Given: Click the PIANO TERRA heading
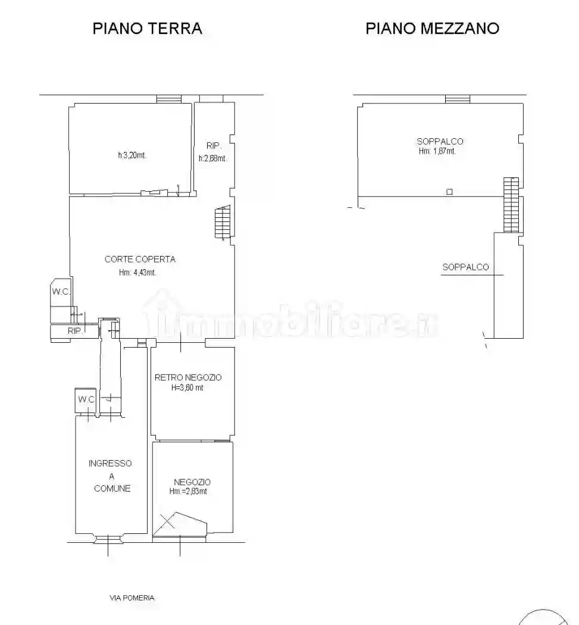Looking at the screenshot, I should pyautogui.click(x=147, y=28).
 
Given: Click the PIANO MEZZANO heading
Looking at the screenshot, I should pyautogui.click(x=432, y=28).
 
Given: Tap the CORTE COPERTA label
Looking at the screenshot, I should pyautogui.click(x=140, y=259).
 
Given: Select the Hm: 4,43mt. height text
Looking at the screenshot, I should pyautogui.click(x=137, y=273).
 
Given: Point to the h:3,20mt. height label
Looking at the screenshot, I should pyautogui.click(x=132, y=156).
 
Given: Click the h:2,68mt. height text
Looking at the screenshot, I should pyautogui.click(x=212, y=158).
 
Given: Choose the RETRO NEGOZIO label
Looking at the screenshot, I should pyautogui.click(x=188, y=377).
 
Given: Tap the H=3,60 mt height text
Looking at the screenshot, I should pyautogui.click(x=187, y=387).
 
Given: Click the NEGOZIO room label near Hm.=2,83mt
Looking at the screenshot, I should pyautogui.click(x=192, y=482).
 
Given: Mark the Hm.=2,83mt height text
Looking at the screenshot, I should pyautogui.click(x=189, y=492).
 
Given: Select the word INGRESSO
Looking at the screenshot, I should pyautogui.click(x=110, y=464).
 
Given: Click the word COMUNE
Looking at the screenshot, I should pyautogui.click(x=112, y=488).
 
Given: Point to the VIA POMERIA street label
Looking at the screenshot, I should pyautogui.click(x=132, y=598).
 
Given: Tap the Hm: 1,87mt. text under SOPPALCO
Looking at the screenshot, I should pyautogui.click(x=437, y=151).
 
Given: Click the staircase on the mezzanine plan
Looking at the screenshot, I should pyautogui.click(x=511, y=204).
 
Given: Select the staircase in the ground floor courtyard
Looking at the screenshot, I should pyautogui.click(x=222, y=221).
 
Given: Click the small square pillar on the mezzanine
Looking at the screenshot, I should pyautogui.click(x=449, y=192).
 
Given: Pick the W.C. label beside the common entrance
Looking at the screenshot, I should pyautogui.click(x=86, y=399).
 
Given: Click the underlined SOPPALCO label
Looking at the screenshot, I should pyautogui.click(x=465, y=267).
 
